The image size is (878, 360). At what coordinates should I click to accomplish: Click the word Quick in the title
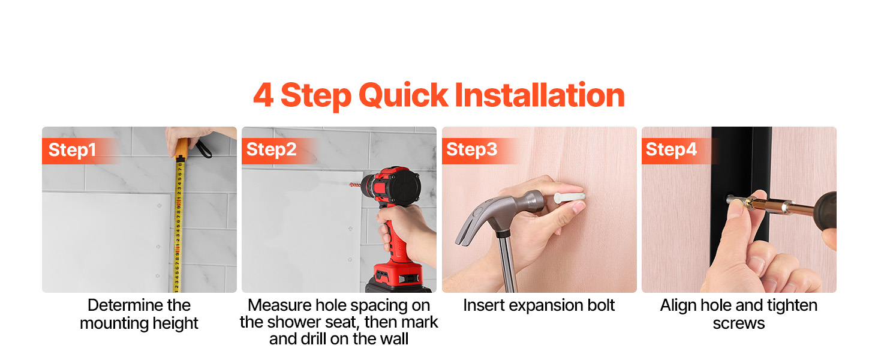point(403,95)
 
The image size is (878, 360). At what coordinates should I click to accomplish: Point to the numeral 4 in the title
point(263,95)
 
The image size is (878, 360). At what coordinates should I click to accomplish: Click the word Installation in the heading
point(540,95)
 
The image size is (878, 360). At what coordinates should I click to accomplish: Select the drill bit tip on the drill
point(354,184)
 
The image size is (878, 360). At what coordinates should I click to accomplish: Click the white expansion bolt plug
point(570,197)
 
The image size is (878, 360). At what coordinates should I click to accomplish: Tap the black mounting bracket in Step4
point(741,196)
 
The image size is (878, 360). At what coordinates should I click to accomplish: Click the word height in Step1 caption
point(175,323)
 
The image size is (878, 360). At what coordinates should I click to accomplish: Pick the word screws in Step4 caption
point(739,324)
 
